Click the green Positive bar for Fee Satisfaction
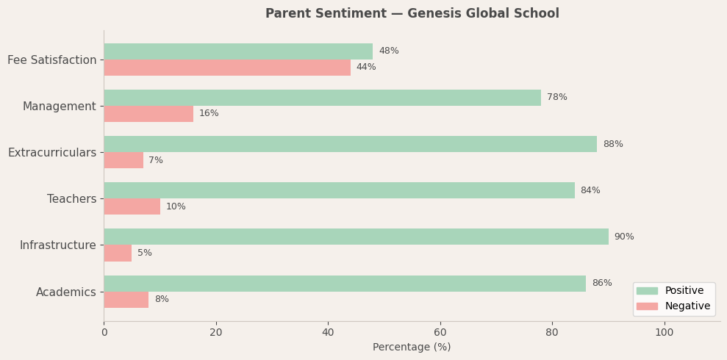click(x=238, y=51)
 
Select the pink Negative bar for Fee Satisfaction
click(x=227, y=68)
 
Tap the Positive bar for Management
click(x=322, y=98)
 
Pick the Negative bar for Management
click(x=148, y=114)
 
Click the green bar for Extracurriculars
click(x=350, y=144)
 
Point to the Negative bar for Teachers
click(x=132, y=206)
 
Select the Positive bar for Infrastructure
click(x=356, y=237)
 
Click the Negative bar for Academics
click(x=126, y=300)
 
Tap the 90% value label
click(x=624, y=237)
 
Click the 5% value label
click(x=145, y=253)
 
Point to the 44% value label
click(x=366, y=68)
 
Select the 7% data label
click(x=156, y=161)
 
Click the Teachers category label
click(x=71, y=199)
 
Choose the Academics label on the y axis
click(x=66, y=292)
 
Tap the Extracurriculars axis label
click(x=52, y=153)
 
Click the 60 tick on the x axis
click(x=440, y=332)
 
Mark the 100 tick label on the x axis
click(x=664, y=332)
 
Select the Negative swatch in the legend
click(x=647, y=306)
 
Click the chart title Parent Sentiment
click(x=412, y=14)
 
